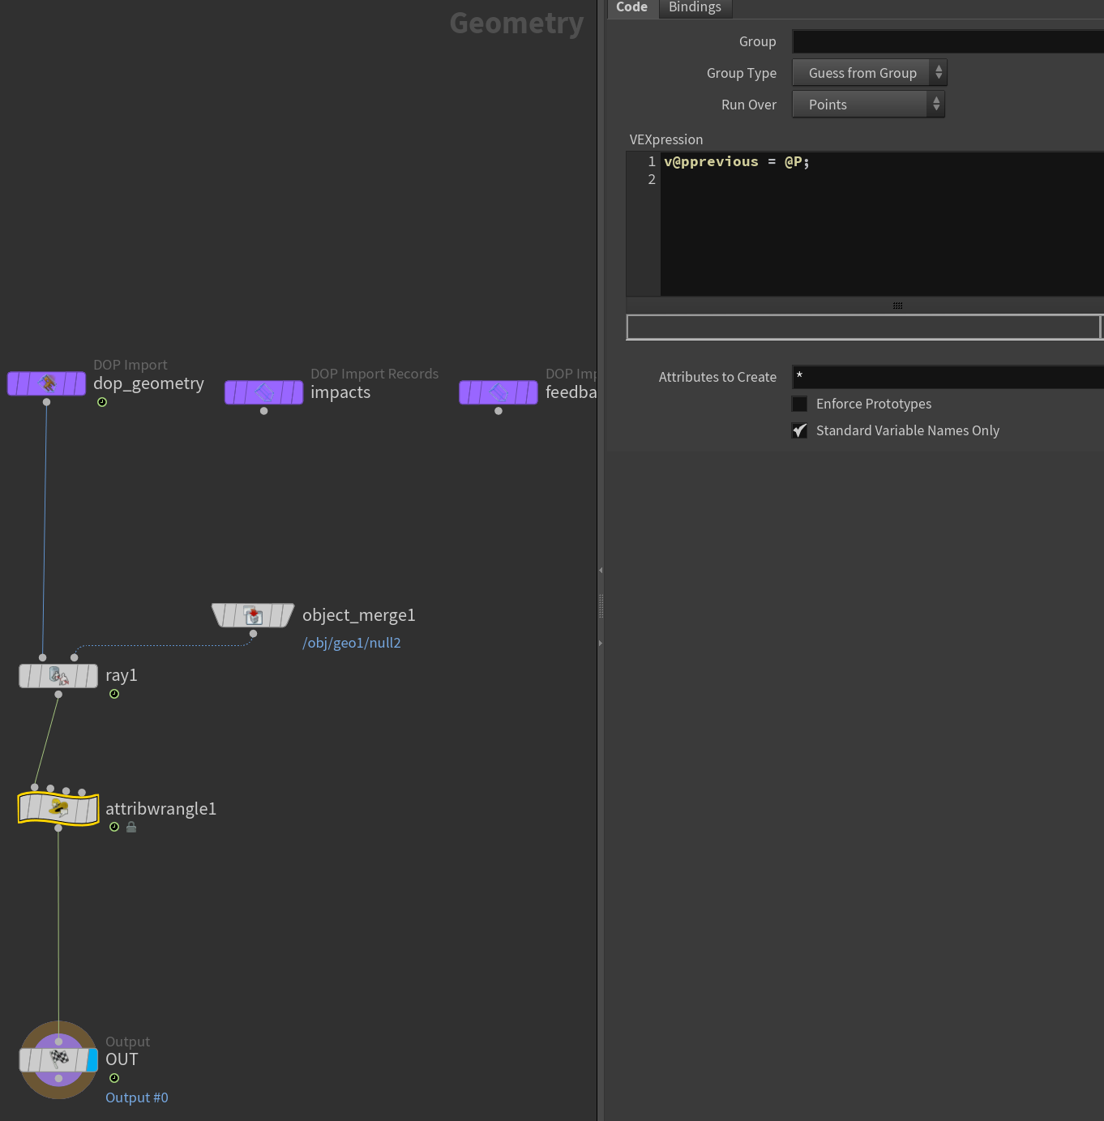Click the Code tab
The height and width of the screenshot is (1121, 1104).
point(632,7)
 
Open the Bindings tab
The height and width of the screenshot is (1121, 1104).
point(695,7)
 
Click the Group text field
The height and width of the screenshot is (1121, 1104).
point(948,41)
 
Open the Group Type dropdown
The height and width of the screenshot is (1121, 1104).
point(869,73)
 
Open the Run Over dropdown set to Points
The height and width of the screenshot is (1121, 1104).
point(868,104)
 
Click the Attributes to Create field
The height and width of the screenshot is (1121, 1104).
point(948,376)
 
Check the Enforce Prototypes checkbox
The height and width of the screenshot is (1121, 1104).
point(799,404)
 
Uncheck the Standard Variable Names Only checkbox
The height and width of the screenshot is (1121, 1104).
point(799,430)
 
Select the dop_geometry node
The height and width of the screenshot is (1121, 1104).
point(46,383)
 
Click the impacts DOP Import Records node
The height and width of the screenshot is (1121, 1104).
point(263,392)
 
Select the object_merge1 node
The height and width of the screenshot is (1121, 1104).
point(253,615)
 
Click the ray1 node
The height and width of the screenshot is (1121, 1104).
point(58,676)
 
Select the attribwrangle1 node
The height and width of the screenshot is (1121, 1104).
point(58,809)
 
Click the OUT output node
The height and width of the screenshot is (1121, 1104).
point(58,1060)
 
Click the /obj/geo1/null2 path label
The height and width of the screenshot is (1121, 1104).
point(352,643)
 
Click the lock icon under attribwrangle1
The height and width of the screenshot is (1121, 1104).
point(131,827)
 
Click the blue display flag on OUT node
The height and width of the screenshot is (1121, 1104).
point(92,1060)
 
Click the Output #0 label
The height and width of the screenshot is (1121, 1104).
point(137,1097)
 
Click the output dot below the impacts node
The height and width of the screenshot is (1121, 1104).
point(263,411)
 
